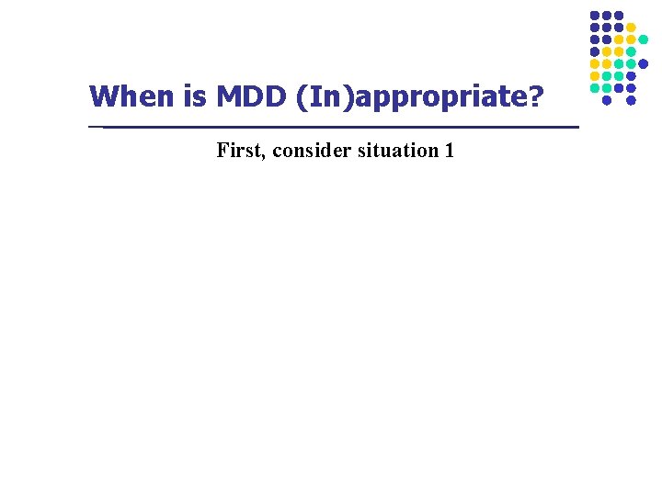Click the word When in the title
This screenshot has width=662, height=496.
125,96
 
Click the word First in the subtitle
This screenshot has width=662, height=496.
237,150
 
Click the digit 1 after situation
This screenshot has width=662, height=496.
449,150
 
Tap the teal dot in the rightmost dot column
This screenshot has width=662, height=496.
644,39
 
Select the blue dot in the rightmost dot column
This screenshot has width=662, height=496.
644,63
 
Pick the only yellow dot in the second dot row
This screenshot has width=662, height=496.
631,28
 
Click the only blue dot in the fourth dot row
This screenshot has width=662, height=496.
595,51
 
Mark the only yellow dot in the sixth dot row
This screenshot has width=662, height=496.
595,76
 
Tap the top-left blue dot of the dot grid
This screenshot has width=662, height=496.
595,16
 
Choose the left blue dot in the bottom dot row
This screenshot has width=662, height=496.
607,100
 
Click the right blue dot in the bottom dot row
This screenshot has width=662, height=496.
631,100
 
